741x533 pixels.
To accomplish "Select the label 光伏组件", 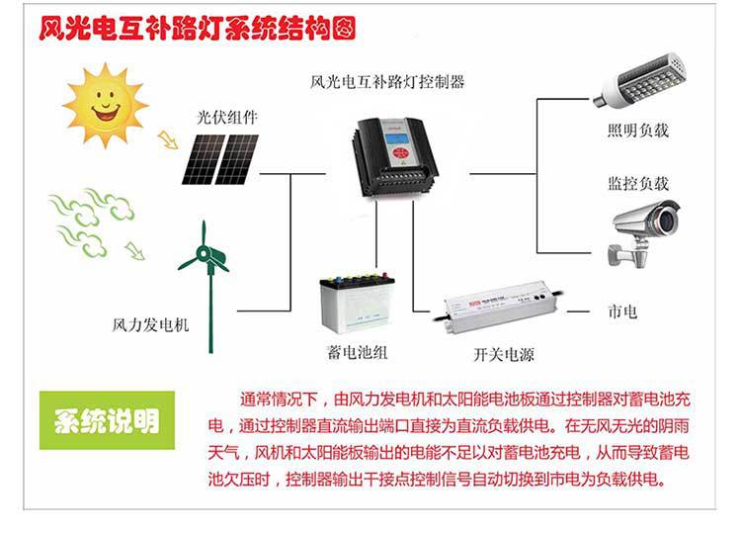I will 226,117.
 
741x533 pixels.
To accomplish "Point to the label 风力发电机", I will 150,324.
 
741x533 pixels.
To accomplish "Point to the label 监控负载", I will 638,184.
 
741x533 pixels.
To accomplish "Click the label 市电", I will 623,311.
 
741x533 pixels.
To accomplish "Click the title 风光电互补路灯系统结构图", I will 197,27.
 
